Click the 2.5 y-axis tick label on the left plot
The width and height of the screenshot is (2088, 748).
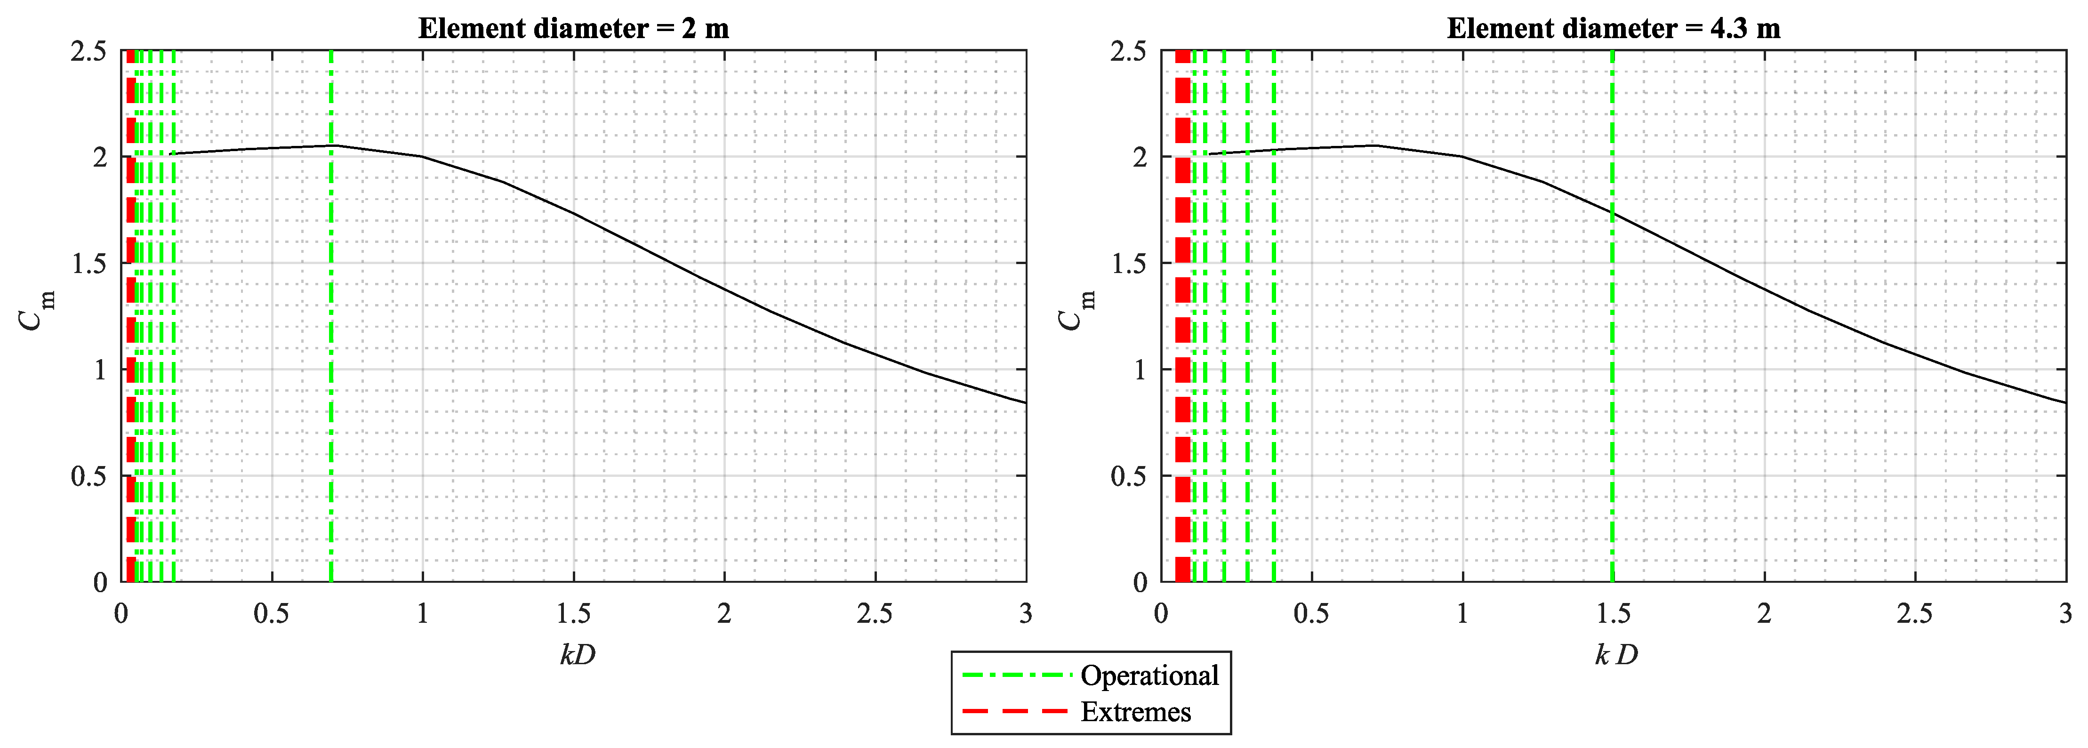pos(88,51)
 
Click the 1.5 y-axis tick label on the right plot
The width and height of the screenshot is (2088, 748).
pos(1128,264)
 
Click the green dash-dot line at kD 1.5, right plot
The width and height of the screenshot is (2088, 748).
pos(1612,365)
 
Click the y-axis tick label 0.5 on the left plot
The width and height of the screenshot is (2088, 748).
pos(88,476)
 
